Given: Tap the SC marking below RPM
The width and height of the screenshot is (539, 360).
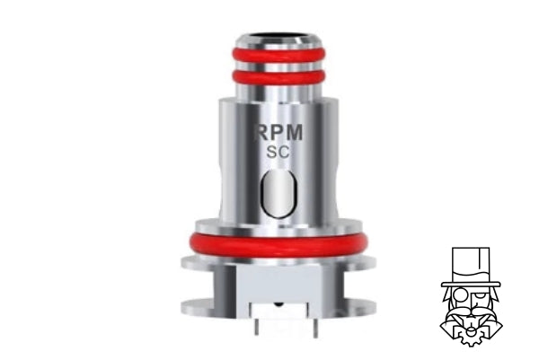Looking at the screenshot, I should [x=277, y=154].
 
